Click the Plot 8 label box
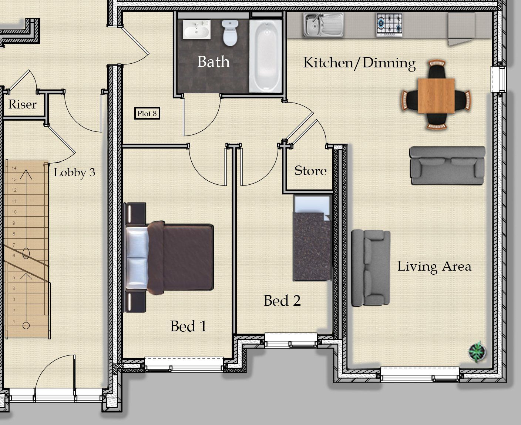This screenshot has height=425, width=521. tap(147, 114)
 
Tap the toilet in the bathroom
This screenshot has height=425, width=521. tap(230, 33)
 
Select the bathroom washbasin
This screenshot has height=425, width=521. tap(196, 30)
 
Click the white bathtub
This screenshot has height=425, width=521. tap(266, 56)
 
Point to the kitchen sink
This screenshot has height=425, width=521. tap(323, 25)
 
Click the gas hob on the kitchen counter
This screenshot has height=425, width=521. tap(389, 25)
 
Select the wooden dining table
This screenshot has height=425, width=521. tap(436, 96)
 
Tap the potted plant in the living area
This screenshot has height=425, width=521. tap(477, 352)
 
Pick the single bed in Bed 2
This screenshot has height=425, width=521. tap(312, 238)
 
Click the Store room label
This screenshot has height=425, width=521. tap(310, 171)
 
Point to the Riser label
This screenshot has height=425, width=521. tap(23, 104)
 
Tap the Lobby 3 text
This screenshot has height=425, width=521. tap(75, 172)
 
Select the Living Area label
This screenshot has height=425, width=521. tap(434, 267)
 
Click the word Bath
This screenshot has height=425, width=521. tap(214, 61)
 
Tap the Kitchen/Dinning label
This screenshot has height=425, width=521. tap(359, 63)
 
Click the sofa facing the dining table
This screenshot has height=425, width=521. tap(447, 165)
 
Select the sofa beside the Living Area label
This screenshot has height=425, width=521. tap(370, 268)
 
